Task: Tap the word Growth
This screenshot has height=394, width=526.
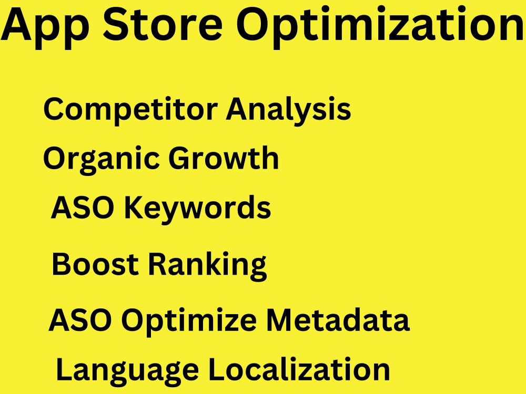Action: click(x=224, y=158)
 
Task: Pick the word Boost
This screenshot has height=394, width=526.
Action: click(x=95, y=264)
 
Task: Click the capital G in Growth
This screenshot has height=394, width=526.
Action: click(x=180, y=158)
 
